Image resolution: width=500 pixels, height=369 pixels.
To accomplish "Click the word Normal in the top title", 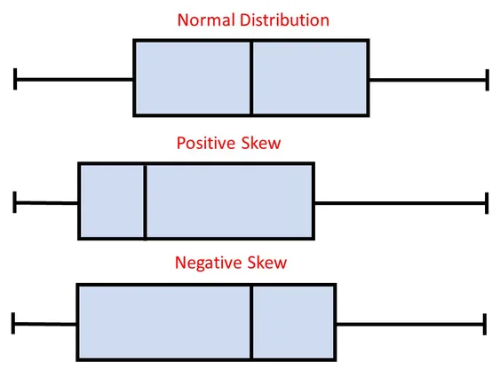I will (202, 20).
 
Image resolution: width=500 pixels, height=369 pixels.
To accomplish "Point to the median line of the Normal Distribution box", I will (251, 78).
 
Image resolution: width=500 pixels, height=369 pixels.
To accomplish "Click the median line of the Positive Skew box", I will (145, 201).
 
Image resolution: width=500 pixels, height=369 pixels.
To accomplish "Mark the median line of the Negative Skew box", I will (252, 323).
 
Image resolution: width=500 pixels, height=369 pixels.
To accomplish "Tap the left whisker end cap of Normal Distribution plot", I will (15, 79).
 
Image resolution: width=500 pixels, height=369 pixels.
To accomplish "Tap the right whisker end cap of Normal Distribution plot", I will (487, 79).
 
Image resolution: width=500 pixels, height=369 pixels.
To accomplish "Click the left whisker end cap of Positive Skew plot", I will (15, 202).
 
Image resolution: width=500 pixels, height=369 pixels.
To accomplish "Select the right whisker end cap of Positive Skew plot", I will (487, 202).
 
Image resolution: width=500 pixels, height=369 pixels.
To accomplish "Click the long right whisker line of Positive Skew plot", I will (400, 202).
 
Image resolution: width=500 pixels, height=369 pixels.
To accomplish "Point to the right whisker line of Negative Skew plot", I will (409, 325).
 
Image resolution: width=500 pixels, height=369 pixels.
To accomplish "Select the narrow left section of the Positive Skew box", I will (112, 201).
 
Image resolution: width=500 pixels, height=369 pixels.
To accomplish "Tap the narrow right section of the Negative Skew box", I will (293, 323).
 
